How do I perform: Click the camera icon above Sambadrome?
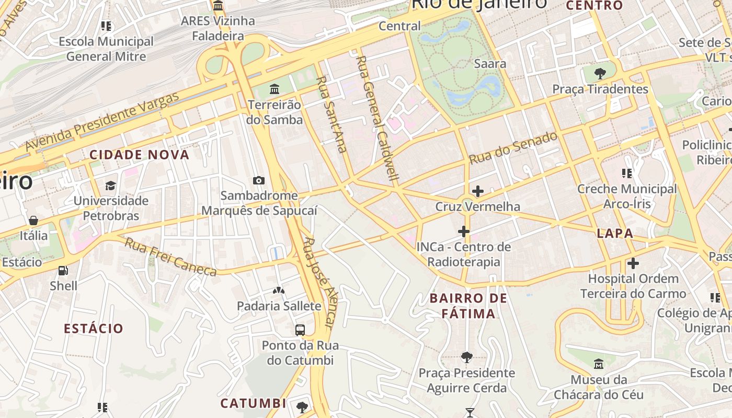(x=258, y=181)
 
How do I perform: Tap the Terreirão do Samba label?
(x=275, y=112)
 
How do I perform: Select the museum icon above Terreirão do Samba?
(x=274, y=89)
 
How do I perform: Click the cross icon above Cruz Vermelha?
(x=477, y=191)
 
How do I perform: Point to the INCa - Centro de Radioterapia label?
(x=463, y=254)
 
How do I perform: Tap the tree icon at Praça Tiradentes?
(x=600, y=73)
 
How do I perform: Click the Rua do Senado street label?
(x=513, y=148)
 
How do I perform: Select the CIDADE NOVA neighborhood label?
(x=139, y=155)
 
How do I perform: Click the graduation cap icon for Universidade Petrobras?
(x=111, y=185)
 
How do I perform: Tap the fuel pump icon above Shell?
(x=63, y=271)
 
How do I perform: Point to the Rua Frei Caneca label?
(x=170, y=257)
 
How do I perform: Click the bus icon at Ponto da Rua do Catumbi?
(x=300, y=330)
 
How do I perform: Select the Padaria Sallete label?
(x=279, y=306)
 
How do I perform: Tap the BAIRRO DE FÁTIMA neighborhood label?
(x=468, y=306)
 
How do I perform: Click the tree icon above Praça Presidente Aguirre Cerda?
(x=466, y=357)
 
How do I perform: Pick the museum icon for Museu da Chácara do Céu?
(x=599, y=364)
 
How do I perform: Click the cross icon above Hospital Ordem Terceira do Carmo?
(x=633, y=263)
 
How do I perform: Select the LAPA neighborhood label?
(x=615, y=233)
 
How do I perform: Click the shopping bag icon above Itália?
(x=33, y=220)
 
